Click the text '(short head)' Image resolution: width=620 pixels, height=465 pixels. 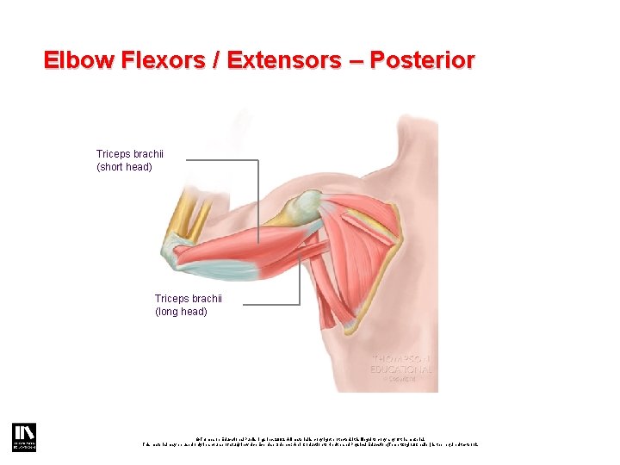coord(124,167)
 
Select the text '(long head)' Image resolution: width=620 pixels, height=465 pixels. coord(181,312)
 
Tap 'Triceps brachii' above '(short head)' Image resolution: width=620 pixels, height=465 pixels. coord(130,154)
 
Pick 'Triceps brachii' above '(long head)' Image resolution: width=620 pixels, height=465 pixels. coord(189,299)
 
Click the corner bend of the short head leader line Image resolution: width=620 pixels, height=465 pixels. coord(257,160)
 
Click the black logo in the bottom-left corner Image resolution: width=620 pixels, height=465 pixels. coord(22,437)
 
